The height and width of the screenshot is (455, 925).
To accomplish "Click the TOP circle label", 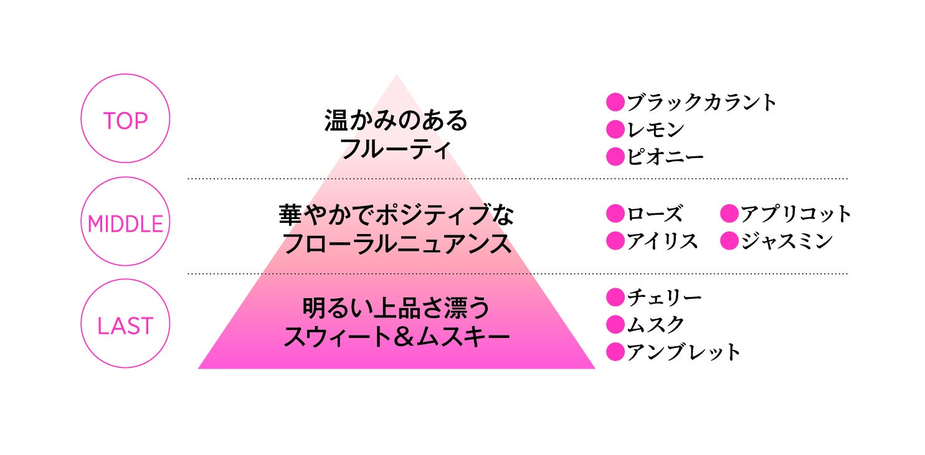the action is (125, 120).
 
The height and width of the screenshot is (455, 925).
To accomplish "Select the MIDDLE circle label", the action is (125, 223).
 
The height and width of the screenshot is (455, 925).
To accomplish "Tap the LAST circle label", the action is (125, 326).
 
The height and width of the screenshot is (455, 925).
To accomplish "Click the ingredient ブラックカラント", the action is (702, 102).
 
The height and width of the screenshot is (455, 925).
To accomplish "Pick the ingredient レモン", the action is (655, 129).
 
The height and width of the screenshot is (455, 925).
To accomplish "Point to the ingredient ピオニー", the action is (665, 156).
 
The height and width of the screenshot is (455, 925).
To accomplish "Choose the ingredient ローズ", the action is (655, 214).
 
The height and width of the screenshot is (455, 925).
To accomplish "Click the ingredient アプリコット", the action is (795, 214).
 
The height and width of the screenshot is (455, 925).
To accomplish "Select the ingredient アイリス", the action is (662, 241).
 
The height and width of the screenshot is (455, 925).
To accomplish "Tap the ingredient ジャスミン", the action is (786, 241).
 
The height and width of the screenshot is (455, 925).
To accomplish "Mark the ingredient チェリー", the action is (664, 298).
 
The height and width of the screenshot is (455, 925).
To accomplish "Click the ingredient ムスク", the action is (655, 324).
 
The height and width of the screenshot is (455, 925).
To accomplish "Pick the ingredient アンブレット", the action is (683, 352).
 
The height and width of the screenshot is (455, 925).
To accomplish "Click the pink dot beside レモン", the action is (615, 129).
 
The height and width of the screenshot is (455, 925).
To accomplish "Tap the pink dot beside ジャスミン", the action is (729, 241).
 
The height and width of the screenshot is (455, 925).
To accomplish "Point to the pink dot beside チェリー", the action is (615, 298).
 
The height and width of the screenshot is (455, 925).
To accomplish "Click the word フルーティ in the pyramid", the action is (396, 149).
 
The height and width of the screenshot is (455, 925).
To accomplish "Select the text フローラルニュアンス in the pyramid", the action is (397, 244).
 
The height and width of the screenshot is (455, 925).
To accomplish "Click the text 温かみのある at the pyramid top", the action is (396, 121).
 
